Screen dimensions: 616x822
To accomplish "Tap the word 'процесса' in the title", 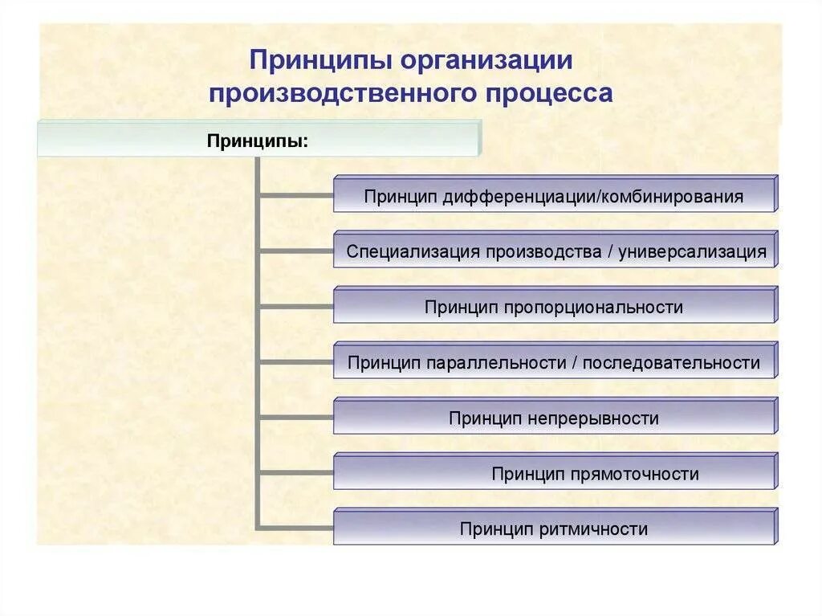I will point(548,93).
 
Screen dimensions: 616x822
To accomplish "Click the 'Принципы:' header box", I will point(258,140).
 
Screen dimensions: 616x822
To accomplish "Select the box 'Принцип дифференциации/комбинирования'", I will point(555,196).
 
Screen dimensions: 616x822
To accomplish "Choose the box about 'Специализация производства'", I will point(555,251).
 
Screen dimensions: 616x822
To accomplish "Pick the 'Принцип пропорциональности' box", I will point(555,307).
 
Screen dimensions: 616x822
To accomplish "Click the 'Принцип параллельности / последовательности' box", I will point(555,363).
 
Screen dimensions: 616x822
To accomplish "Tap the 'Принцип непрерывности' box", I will point(555,418).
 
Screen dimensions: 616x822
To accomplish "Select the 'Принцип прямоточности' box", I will point(555,474).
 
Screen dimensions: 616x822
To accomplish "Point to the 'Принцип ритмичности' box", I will point(555,529).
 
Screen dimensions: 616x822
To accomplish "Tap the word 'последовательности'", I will point(671,363).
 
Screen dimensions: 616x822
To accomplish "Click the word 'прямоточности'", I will point(635,474).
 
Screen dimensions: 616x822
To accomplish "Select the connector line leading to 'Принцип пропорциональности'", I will point(295,305).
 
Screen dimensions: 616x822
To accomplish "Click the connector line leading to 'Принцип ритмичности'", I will point(295,528).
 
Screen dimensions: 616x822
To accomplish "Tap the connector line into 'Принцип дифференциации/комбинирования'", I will point(295,194).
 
